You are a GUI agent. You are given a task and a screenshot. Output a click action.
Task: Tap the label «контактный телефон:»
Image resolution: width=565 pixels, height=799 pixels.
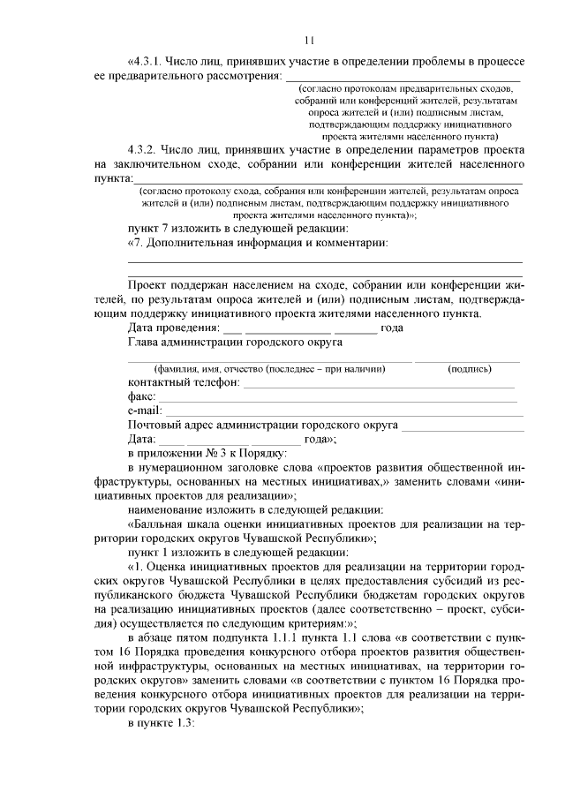(184, 382)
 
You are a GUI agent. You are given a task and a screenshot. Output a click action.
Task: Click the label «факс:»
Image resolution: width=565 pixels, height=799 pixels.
(141, 397)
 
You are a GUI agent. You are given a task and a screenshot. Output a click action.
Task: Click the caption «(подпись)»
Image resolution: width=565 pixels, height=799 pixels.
(470, 368)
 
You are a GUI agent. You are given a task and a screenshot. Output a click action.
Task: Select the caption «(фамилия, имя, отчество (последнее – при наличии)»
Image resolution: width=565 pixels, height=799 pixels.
(269, 368)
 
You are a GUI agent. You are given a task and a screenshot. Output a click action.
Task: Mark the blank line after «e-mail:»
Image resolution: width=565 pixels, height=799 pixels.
(344, 414)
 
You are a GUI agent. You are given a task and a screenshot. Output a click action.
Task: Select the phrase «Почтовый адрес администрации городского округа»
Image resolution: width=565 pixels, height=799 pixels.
(262, 425)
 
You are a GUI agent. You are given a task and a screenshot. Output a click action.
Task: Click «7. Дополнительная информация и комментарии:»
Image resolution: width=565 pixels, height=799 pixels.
(260, 242)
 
